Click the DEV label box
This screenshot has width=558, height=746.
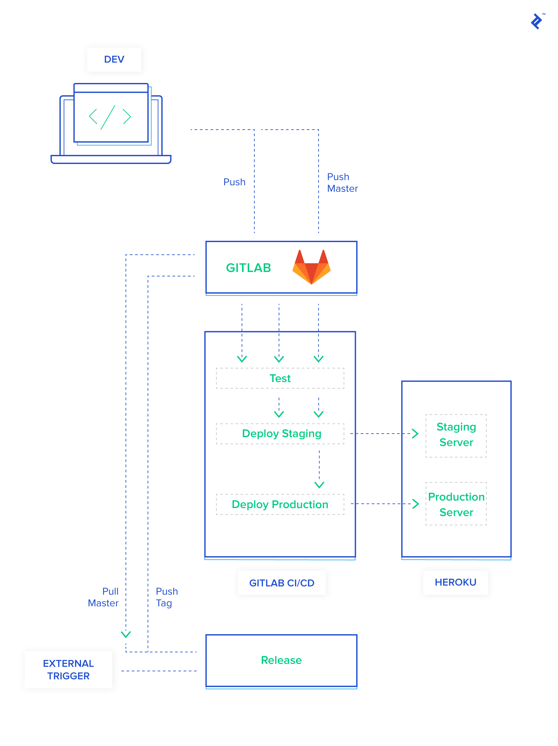(114, 59)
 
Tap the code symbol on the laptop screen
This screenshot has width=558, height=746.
(110, 117)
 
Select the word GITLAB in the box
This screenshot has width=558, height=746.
(248, 268)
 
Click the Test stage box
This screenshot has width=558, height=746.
(280, 378)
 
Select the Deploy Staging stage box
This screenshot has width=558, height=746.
(280, 433)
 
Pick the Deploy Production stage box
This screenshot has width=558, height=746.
(280, 504)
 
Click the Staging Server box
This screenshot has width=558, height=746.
(456, 435)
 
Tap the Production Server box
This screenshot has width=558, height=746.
(456, 504)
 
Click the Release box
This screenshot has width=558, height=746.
(281, 660)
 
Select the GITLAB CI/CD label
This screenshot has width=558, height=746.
(282, 583)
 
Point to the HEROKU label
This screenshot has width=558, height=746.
(455, 582)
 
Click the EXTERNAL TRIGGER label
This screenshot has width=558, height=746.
(68, 670)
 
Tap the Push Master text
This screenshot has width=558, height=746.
(342, 182)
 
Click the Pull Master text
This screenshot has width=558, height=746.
(103, 597)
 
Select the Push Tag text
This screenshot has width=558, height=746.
(166, 597)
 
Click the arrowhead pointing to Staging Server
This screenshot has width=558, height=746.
(415, 433)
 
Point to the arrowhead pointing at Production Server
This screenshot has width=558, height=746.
(416, 504)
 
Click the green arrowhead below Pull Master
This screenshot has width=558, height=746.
(126, 635)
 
